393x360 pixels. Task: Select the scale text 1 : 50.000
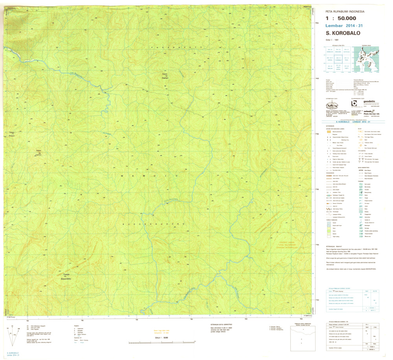point(341,18)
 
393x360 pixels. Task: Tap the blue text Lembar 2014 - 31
point(341,26)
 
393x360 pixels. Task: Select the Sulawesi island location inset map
point(367,60)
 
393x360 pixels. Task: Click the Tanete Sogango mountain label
point(165,76)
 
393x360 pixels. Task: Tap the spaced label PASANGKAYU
point(176,48)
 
